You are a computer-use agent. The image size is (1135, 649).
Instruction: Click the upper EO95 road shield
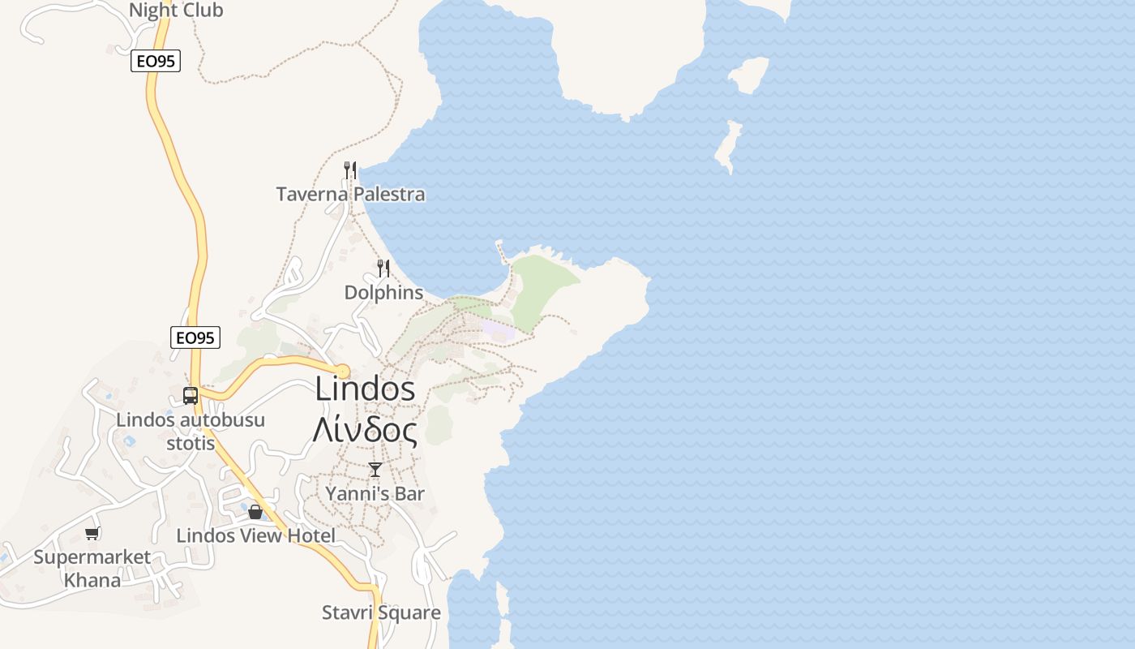(x=156, y=61)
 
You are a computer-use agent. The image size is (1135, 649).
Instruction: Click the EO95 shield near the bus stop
(x=195, y=337)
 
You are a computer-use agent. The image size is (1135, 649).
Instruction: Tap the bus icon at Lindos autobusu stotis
(x=191, y=396)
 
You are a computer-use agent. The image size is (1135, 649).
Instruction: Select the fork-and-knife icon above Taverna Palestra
(x=350, y=170)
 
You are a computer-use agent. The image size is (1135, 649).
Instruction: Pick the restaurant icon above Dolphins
(x=383, y=268)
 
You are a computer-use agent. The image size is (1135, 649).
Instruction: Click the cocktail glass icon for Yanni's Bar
(x=375, y=469)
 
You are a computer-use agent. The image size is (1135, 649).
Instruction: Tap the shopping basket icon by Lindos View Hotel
(x=255, y=512)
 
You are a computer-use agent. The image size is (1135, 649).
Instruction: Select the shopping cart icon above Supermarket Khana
(x=92, y=533)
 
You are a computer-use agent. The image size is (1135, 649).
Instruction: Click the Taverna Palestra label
(x=350, y=195)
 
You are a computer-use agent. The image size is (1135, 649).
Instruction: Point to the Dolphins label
(x=383, y=292)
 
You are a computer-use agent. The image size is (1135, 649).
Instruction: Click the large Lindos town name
(x=365, y=389)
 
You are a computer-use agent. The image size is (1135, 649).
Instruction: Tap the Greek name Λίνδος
(x=365, y=431)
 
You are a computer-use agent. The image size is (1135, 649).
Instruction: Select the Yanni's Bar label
(x=375, y=493)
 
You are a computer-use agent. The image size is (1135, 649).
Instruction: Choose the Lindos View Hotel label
(x=255, y=535)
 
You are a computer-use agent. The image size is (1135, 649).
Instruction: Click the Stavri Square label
(x=381, y=612)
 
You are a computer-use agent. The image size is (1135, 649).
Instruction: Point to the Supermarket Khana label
(x=92, y=568)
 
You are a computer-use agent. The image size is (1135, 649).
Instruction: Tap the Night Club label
(x=176, y=11)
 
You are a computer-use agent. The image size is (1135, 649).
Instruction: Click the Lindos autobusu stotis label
(x=191, y=432)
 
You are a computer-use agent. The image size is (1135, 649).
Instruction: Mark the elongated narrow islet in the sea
(x=728, y=146)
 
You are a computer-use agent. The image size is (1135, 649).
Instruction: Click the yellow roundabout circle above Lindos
(x=342, y=372)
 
